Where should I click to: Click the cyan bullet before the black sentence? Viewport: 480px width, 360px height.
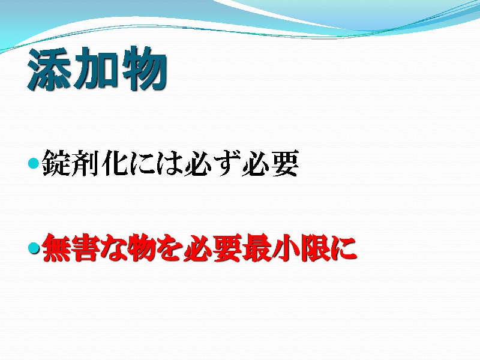[x=34, y=163]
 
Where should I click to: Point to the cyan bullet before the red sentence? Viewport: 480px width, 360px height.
[x=34, y=248]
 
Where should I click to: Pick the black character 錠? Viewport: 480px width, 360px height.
[x=55, y=163]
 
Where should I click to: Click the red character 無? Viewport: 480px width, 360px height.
[x=56, y=248]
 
